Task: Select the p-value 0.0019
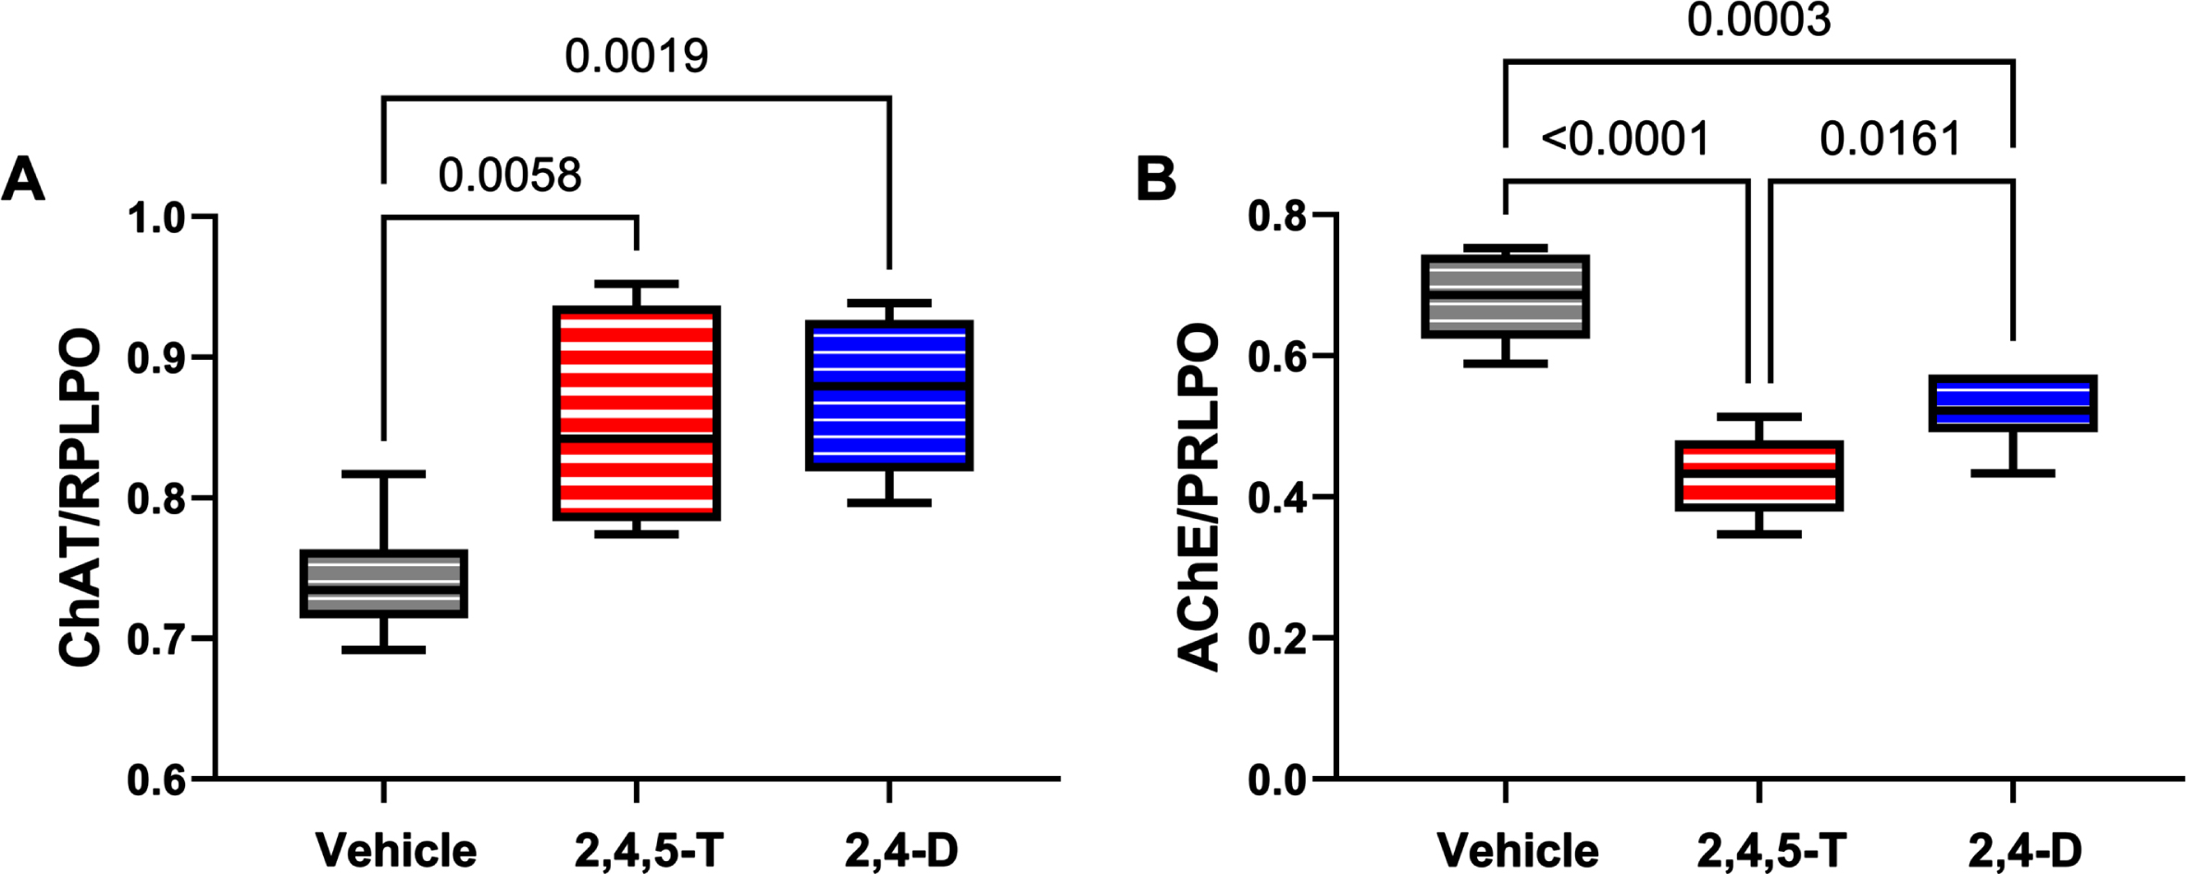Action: point(637,56)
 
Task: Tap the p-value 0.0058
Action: point(510,175)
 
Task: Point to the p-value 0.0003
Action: point(1758,20)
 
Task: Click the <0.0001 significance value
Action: point(1625,140)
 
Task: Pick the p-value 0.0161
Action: point(1891,140)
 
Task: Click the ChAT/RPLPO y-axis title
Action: point(80,498)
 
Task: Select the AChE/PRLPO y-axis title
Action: point(1199,498)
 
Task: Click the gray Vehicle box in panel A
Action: point(384,584)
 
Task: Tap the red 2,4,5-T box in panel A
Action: point(637,412)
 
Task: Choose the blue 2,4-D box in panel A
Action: point(889,395)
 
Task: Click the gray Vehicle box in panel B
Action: point(1506,296)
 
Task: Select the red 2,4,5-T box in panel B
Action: point(1758,475)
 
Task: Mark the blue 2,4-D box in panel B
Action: point(2012,403)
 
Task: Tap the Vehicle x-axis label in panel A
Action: point(397,849)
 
